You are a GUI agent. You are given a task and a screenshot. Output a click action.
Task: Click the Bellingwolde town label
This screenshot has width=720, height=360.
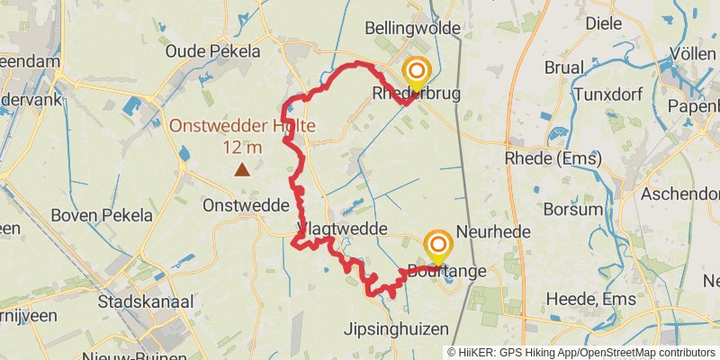point(412,30)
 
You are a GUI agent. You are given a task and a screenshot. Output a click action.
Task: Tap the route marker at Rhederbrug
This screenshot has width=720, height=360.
point(417,72)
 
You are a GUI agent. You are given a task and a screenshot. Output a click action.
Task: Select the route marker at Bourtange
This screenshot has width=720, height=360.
point(438,246)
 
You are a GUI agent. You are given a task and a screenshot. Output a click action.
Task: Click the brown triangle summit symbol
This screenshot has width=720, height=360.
point(242,169)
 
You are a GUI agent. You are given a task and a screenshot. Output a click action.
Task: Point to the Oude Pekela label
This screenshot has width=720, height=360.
point(212,51)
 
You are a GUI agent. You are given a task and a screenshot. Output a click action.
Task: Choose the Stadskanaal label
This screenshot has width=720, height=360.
point(140,301)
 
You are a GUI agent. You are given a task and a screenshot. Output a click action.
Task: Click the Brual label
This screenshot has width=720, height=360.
point(563,67)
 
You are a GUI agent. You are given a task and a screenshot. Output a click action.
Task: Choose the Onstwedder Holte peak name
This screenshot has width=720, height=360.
point(241,126)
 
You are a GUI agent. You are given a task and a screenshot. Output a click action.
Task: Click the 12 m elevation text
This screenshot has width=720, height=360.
point(242,147)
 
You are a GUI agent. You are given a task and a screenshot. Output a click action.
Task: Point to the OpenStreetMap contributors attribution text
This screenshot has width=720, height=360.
point(645,353)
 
